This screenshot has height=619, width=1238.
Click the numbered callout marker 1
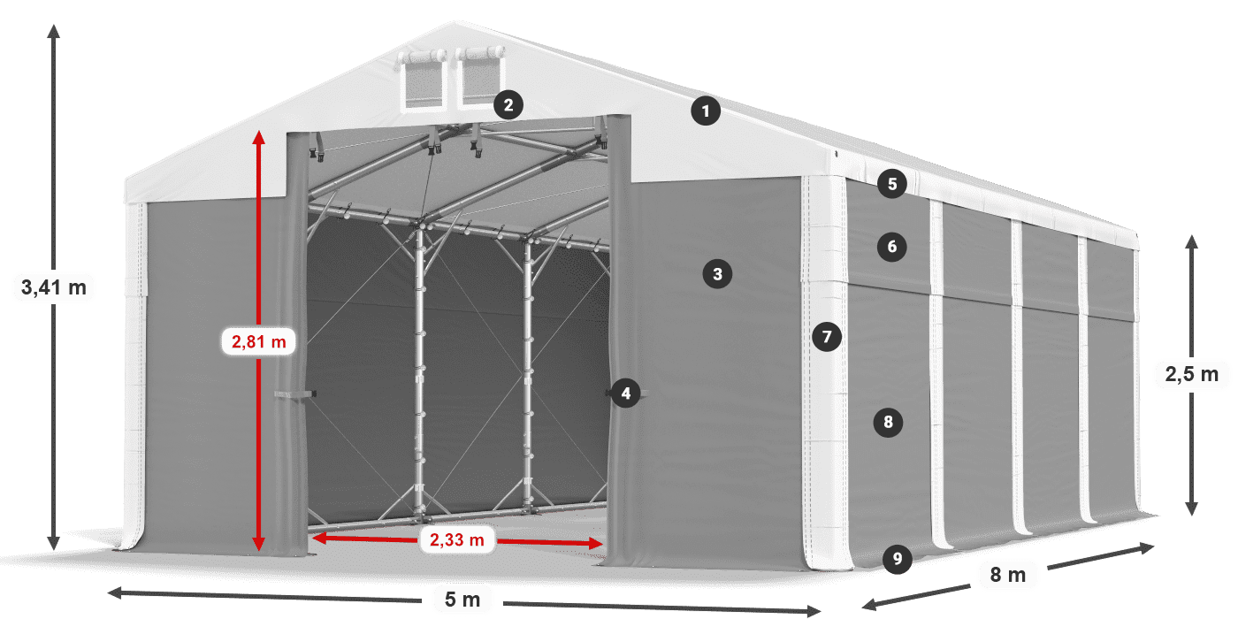(x=705, y=111)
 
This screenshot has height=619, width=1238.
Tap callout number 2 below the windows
(x=507, y=105)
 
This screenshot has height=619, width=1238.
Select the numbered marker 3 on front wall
(x=717, y=274)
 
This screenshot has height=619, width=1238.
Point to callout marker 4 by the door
(x=626, y=394)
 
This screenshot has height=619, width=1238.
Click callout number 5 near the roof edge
(x=892, y=184)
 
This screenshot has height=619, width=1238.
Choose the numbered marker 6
(x=891, y=247)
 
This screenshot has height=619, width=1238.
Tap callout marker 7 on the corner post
(x=827, y=337)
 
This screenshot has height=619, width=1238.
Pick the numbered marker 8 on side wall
(x=889, y=422)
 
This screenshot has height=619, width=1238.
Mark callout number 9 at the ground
(x=897, y=558)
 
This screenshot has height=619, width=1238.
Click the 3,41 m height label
(x=54, y=287)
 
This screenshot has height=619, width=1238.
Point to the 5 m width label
(x=462, y=600)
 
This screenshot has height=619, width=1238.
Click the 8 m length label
(x=1008, y=575)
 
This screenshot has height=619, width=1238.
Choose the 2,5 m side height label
(x=1191, y=375)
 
